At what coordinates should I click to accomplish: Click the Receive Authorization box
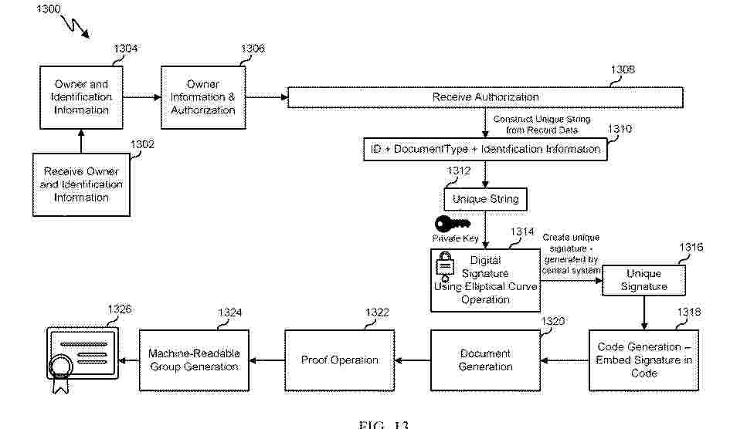485,97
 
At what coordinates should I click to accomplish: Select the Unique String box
485,199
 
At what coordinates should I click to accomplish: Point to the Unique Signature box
643,280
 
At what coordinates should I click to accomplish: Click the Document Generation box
485,360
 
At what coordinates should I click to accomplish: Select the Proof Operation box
339,360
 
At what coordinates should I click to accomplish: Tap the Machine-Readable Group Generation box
194,360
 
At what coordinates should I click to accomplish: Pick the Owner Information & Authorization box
202,97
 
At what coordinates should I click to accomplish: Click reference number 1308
623,69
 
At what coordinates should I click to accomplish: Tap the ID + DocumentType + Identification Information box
485,149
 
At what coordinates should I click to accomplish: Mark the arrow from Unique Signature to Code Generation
643,312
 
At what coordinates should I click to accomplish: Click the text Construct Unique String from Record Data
542,124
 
